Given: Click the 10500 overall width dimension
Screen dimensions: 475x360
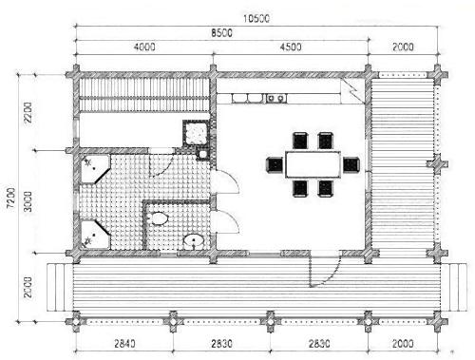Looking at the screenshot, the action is click(x=256, y=19).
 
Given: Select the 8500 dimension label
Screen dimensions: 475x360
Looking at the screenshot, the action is click(x=221, y=33).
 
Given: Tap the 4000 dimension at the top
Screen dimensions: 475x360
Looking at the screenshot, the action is click(x=144, y=47).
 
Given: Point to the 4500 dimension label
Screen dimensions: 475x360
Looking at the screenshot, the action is click(x=291, y=47).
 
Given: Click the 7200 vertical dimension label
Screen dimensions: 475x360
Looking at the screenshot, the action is click(x=11, y=198).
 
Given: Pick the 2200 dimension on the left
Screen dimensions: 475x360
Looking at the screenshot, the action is click(x=28, y=112).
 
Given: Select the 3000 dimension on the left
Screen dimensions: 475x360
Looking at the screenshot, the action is click(x=28, y=201).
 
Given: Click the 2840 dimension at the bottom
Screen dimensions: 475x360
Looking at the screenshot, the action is click(x=124, y=344).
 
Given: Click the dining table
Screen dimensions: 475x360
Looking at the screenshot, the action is click(x=313, y=164).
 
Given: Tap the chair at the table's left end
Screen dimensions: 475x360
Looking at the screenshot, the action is click(x=275, y=164).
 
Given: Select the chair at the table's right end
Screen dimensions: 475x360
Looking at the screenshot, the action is click(x=351, y=164).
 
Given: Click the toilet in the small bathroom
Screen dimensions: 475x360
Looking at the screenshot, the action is click(x=159, y=218).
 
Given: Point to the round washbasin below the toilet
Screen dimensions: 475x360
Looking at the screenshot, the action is click(x=194, y=241).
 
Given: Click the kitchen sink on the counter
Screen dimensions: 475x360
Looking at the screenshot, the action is click(x=275, y=99).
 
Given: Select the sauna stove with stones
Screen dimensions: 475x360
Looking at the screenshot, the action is click(x=196, y=133).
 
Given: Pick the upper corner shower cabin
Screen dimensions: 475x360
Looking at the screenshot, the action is click(x=95, y=169).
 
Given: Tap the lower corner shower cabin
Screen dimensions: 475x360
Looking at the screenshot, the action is click(x=95, y=235).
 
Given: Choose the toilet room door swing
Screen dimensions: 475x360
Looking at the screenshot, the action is click(x=234, y=218).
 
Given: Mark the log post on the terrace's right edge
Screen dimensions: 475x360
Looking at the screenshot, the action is click(x=437, y=164).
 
